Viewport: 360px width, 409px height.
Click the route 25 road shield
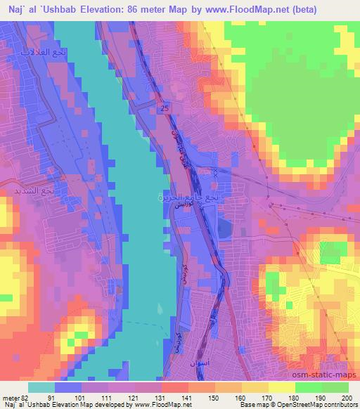coord(165,108)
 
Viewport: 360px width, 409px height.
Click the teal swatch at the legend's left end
coord(41,387)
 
